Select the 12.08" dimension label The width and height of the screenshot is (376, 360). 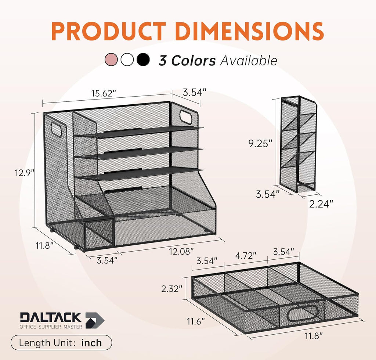click(x=181, y=252)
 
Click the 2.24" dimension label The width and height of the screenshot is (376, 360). click(x=321, y=204)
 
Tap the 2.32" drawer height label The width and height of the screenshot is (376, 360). click(x=171, y=289)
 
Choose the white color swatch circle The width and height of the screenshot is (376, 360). click(x=127, y=60)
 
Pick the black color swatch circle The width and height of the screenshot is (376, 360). click(x=143, y=60)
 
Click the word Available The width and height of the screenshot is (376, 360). click(x=249, y=60)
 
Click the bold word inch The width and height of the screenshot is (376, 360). click(x=91, y=343)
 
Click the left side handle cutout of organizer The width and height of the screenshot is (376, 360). click(x=57, y=130)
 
